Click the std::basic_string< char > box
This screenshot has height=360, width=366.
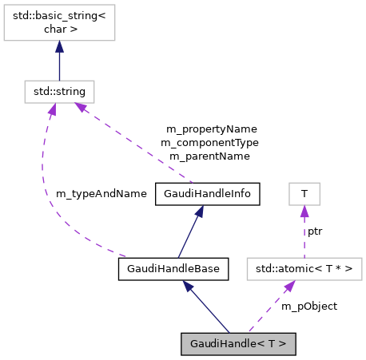coord(58,26)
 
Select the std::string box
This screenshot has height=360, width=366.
coord(58,91)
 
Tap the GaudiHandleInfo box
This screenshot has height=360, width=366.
coord(206,193)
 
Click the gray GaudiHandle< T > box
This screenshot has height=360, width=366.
coord(238,343)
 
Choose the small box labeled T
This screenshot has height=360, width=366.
coord(304,193)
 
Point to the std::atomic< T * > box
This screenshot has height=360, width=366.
coord(304,268)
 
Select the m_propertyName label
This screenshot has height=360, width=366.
coord(211,129)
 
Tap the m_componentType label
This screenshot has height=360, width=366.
coord(209,142)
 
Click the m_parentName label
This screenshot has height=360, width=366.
coord(209,156)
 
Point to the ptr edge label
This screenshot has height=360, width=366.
coord(315,231)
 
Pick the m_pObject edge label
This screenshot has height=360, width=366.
coord(309,306)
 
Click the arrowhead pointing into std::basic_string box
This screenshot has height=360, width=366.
coord(58,48)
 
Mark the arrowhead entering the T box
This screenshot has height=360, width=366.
coord(304,212)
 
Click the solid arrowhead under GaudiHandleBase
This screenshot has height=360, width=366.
coord(185,287)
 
